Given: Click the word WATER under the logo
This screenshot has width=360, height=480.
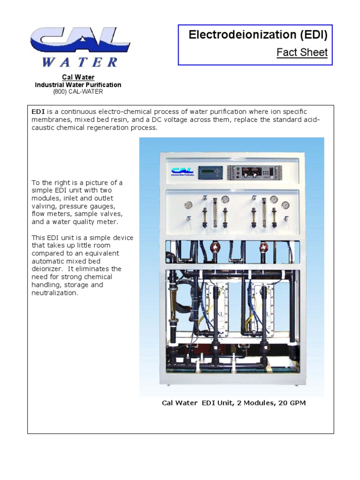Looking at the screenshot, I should (80, 62).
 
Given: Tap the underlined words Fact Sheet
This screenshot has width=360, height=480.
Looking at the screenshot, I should (302, 52).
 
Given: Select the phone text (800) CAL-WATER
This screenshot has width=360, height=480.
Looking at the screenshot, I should (78, 92).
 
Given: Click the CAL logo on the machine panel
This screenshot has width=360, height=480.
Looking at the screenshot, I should (181, 172).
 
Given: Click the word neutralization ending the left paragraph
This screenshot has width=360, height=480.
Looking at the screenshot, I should (54, 293).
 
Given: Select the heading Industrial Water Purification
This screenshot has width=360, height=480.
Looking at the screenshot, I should (78, 85).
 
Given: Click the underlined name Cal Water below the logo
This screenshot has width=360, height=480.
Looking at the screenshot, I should (78, 77).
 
